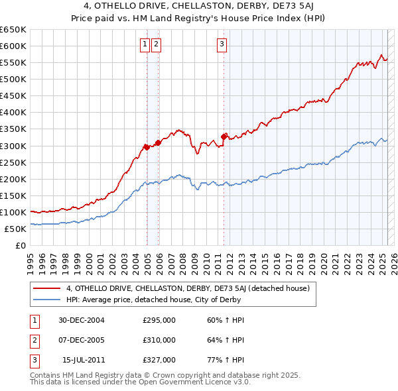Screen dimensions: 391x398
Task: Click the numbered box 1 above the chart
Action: (x=145, y=44)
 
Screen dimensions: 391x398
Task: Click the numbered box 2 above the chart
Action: (x=156, y=44)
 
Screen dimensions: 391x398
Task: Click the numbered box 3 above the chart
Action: (x=222, y=44)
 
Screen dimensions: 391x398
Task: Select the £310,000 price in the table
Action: (x=159, y=340)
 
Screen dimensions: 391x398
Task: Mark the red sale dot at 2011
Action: (x=224, y=136)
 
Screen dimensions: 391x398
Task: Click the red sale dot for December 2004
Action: (x=147, y=146)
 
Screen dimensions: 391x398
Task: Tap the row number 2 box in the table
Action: (x=34, y=340)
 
